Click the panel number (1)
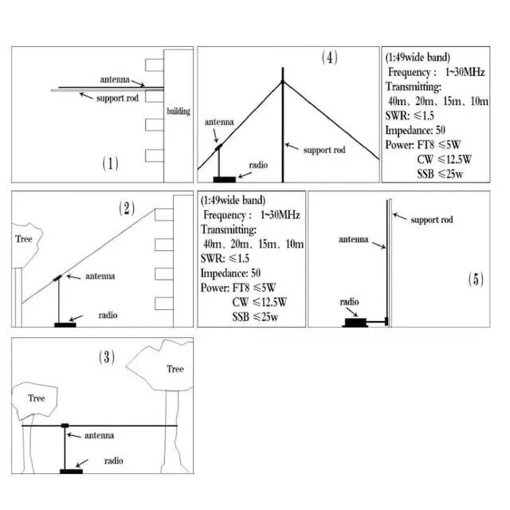(x=110, y=163)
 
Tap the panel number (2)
(x=127, y=209)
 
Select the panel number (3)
(x=105, y=357)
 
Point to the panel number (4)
(x=330, y=57)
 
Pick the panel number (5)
(x=475, y=279)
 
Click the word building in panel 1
(x=178, y=112)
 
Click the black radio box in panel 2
(x=65, y=324)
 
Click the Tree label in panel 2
(x=24, y=237)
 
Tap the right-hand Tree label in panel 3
(x=175, y=369)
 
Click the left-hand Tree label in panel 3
(x=37, y=398)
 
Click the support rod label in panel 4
(x=328, y=149)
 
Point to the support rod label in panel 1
(x=114, y=98)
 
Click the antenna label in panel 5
(x=353, y=238)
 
